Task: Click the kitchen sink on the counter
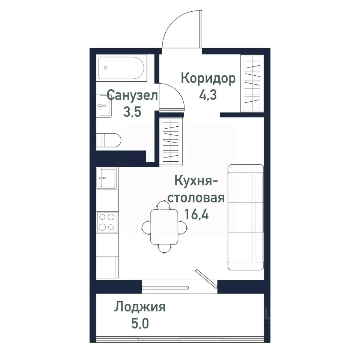click(x=107, y=177)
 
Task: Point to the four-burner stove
click(x=107, y=222)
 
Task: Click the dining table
click(x=164, y=226)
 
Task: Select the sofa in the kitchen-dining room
click(x=246, y=217)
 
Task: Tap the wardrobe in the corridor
click(x=252, y=82)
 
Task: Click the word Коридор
click(x=208, y=79)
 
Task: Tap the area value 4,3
click(x=208, y=95)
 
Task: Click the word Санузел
click(x=132, y=95)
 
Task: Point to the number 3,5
click(x=132, y=112)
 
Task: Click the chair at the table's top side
click(x=163, y=205)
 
